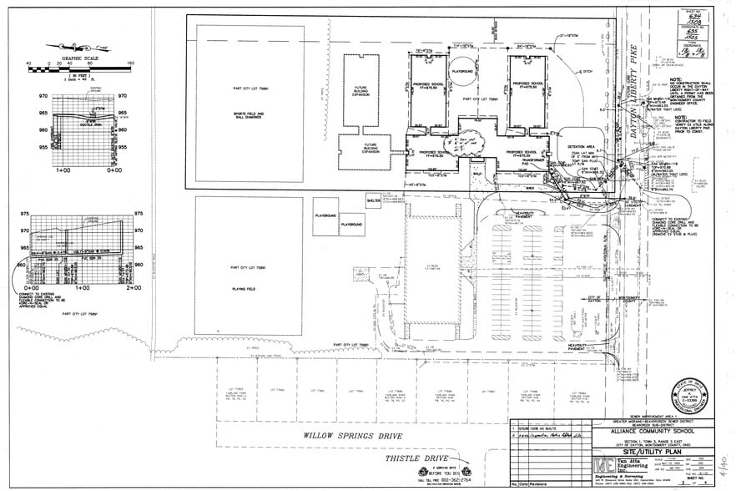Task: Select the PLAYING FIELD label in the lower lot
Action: pos(248,286)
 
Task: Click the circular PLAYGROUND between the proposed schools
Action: pos(463,73)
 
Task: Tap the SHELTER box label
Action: pos(373,200)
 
